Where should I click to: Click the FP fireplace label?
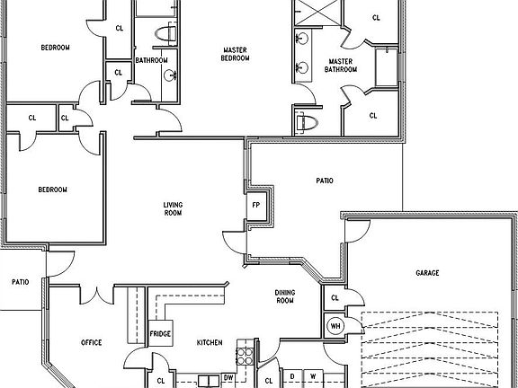click(x=256, y=205)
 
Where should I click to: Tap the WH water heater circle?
click(x=335, y=326)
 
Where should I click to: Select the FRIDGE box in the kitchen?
click(x=160, y=333)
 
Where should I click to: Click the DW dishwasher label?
click(x=228, y=377)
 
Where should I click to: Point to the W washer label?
click(x=313, y=376)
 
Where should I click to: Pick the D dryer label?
click(x=292, y=376)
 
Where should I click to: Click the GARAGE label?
click(x=427, y=273)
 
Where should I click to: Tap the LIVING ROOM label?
click(x=173, y=209)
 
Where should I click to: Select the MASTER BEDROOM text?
click(x=235, y=54)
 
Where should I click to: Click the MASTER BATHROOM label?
click(x=341, y=66)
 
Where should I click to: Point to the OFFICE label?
click(x=92, y=342)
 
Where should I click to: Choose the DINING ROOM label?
click(x=285, y=296)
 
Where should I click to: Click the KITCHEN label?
click(x=210, y=343)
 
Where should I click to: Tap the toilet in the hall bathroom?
click(x=165, y=33)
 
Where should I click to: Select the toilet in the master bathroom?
click(x=307, y=123)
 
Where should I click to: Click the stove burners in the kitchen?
click(x=246, y=356)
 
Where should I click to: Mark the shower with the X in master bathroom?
click(x=317, y=13)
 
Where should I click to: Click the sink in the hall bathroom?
click(x=170, y=75)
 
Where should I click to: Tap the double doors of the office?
click(x=97, y=295)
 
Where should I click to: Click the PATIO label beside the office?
click(x=21, y=282)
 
